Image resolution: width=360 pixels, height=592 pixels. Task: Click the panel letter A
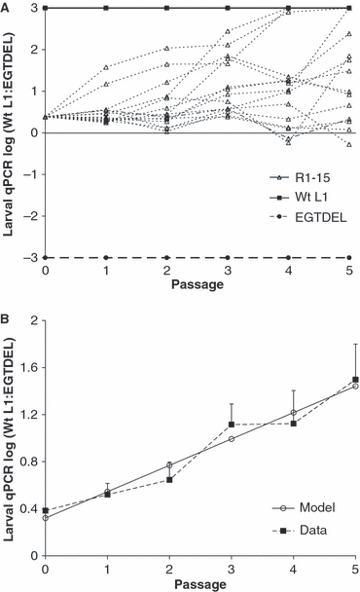tap(6, 6)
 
